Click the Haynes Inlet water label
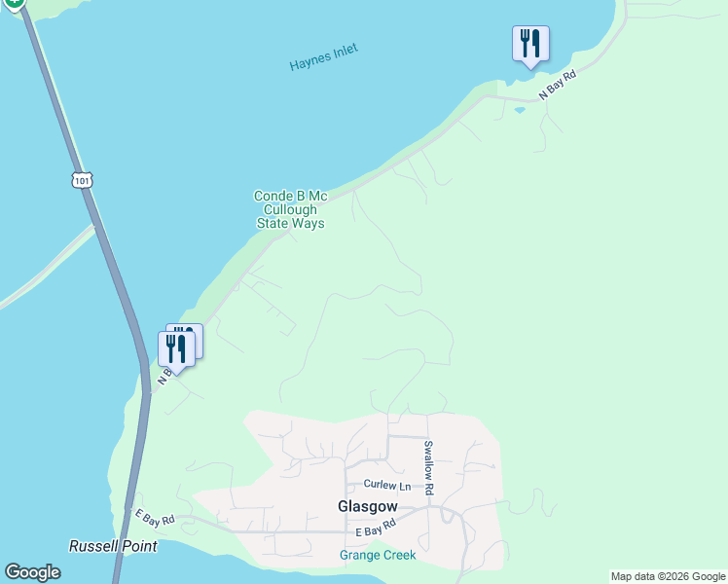323,57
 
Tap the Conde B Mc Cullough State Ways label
290,209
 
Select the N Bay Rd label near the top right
560,85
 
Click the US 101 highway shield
82,179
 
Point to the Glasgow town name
367,506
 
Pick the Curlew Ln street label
387,485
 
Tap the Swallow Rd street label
428,466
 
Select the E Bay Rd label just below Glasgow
376,529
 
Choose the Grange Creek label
378,555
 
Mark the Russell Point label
113,546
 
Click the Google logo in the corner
32,572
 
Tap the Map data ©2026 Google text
667,576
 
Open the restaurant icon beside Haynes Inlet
530,44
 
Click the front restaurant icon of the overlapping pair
176,349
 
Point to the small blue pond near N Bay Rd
519,110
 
